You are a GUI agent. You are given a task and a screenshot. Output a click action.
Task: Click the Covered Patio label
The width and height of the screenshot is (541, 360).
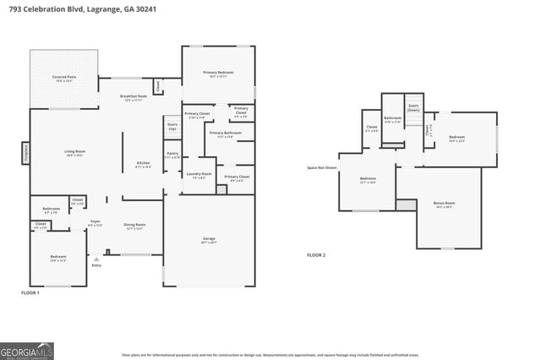pos(64,78)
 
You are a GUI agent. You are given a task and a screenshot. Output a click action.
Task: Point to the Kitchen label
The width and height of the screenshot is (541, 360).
pos(144,165)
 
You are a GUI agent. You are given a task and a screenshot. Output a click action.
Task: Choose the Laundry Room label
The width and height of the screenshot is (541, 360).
pos(200,176)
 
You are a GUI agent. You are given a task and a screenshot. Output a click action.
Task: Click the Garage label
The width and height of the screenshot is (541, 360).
pos(209,239)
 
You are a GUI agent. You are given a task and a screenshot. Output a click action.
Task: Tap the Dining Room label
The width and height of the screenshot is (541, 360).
pos(135,226)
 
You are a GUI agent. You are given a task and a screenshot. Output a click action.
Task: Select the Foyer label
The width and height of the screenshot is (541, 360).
pos(95,223)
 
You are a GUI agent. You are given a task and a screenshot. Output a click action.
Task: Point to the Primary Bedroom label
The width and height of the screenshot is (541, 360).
pos(218,74)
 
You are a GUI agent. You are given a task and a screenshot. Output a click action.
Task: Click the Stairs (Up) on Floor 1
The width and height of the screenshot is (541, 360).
pos(172,126)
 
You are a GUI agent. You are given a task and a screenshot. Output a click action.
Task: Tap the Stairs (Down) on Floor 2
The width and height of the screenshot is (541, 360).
pos(413,108)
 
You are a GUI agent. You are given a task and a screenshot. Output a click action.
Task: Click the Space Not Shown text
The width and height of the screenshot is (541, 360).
pos(322,167)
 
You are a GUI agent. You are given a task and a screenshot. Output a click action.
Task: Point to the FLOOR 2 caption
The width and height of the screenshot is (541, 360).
pos(315,254)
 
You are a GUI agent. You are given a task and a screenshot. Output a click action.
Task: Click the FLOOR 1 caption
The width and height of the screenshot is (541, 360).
pos(31,292)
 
